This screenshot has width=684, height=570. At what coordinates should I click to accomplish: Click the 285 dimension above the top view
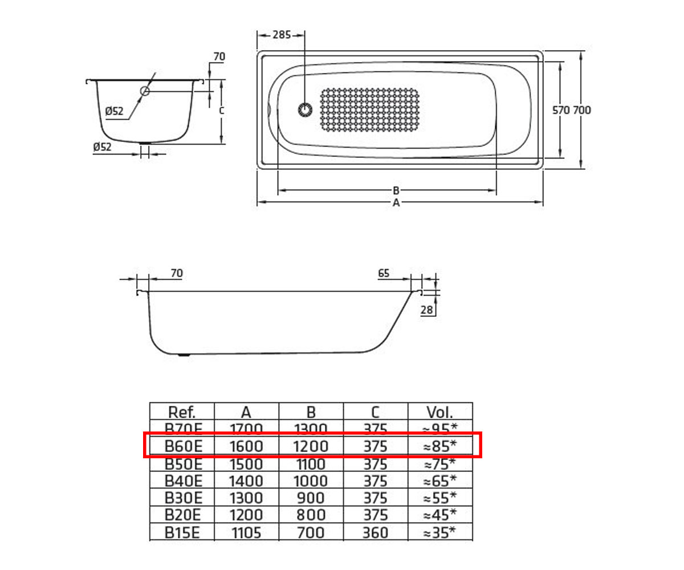pos(282,35)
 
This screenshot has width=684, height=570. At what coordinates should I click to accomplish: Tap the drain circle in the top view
pos(305,110)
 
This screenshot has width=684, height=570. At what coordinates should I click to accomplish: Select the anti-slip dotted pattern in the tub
pos(369,110)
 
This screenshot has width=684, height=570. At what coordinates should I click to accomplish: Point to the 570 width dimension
pos(561,111)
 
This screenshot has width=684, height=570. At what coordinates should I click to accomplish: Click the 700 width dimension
pos(582,111)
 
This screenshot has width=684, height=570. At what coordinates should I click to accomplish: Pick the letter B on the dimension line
pos(396,190)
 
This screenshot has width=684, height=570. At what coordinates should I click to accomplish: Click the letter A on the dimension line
pos(396,203)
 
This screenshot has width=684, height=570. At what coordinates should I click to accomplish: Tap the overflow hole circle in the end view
pos(145,91)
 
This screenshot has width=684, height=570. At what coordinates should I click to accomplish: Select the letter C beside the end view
pos(222,111)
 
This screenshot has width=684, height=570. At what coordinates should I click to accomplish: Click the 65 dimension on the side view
pos(384,273)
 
